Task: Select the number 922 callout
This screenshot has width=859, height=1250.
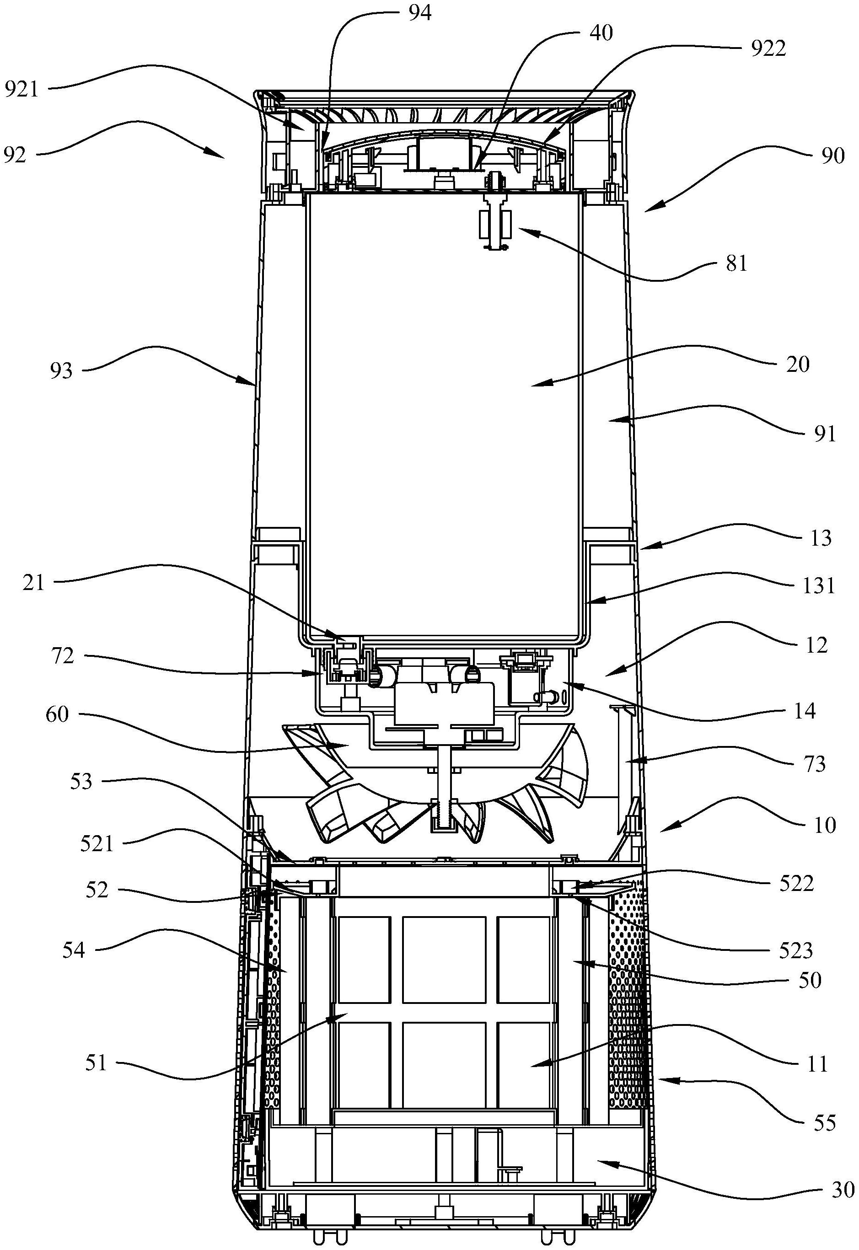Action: [x=768, y=48]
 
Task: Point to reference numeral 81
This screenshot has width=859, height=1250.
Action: [x=736, y=264]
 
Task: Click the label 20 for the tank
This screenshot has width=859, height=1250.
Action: [x=798, y=364]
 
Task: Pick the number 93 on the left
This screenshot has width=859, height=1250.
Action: [x=61, y=371]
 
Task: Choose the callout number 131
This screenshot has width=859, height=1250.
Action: [x=819, y=585]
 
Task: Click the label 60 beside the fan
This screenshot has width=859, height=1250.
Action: [x=58, y=715]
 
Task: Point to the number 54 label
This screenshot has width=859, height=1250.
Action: [x=73, y=950]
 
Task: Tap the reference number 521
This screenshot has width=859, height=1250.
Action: [x=97, y=844]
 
